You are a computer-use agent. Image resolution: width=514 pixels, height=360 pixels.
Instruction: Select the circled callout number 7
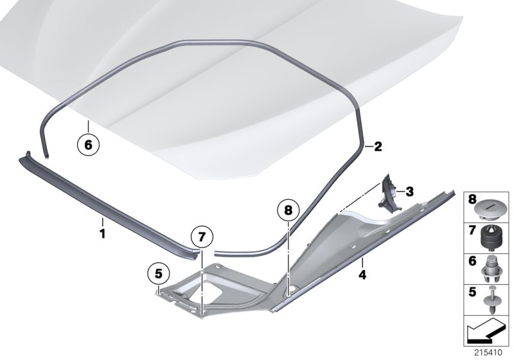point(201,238)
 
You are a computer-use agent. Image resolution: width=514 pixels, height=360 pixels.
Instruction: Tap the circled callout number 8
point(288,210)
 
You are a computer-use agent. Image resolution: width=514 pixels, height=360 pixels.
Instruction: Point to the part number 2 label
point(378,147)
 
